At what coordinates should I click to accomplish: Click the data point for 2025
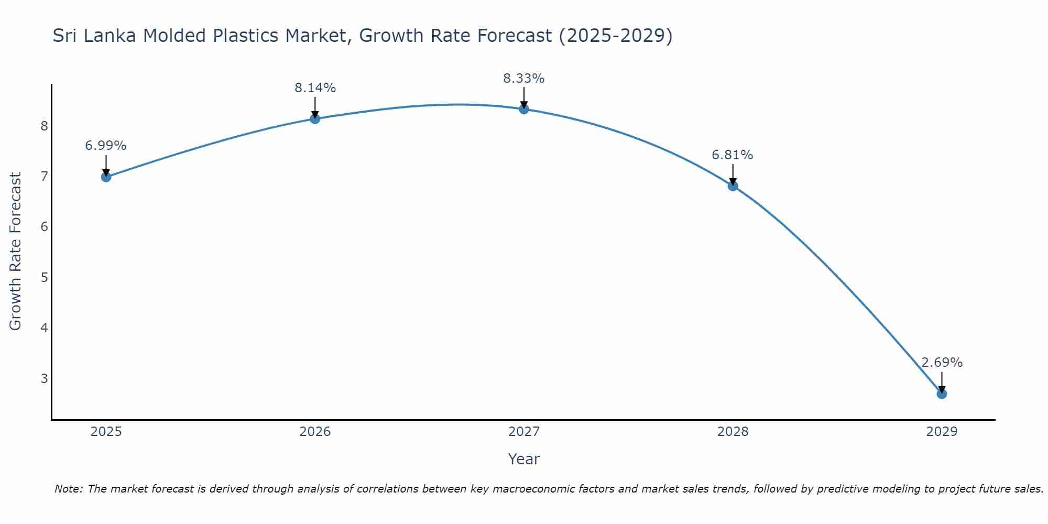(106, 177)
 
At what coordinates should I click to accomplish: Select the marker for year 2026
(315, 119)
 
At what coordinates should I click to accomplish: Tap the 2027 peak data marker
(524, 109)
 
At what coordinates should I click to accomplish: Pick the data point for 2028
(733, 186)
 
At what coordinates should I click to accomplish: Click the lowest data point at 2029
(942, 394)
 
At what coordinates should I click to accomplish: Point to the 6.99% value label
(106, 146)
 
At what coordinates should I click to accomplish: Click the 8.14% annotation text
(315, 88)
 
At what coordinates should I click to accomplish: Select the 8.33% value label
(524, 79)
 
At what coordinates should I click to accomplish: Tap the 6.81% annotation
(733, 155)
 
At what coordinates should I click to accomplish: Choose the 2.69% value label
(942, 363)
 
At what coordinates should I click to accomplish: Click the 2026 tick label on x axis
(315, 432)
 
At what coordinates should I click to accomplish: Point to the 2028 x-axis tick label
(733, 432)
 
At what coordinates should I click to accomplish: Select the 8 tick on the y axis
(45, 126)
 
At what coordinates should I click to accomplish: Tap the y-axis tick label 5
(45, 277)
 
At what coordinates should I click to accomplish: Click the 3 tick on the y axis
(45, 378)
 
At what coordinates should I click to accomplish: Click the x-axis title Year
(524, 459)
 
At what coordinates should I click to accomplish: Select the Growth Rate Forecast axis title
(16, 252)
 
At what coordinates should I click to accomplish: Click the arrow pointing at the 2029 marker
(942, 382)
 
